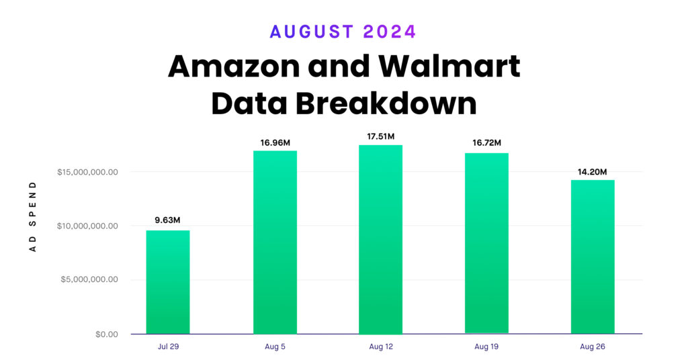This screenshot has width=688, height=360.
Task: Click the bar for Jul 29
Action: (168, 282)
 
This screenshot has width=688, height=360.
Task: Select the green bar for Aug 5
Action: (275, 242)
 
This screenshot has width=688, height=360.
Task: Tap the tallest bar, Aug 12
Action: (380, 239)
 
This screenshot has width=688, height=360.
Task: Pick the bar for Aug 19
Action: (486, 243)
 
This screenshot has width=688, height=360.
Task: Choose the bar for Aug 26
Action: (593, 257)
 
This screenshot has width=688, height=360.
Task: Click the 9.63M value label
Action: (168, 220)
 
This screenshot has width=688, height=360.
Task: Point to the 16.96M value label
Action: (275, 142)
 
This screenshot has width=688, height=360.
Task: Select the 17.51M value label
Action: (380, 137)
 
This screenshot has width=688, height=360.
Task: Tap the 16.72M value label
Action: (486, 143)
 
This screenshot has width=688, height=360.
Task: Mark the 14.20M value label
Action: (593, 171)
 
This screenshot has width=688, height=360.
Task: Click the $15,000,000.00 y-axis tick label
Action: (88, 172)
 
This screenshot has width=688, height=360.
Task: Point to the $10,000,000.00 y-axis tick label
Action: (88, 226)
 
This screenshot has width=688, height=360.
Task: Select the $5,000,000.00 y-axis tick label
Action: (90, 280)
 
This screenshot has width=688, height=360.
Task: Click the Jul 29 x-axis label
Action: (168, 347)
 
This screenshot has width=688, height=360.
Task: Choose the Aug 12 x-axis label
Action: (380, 347)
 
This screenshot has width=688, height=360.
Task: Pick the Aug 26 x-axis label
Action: (593, 347)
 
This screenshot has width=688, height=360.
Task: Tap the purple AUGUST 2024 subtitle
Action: (343, 32)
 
